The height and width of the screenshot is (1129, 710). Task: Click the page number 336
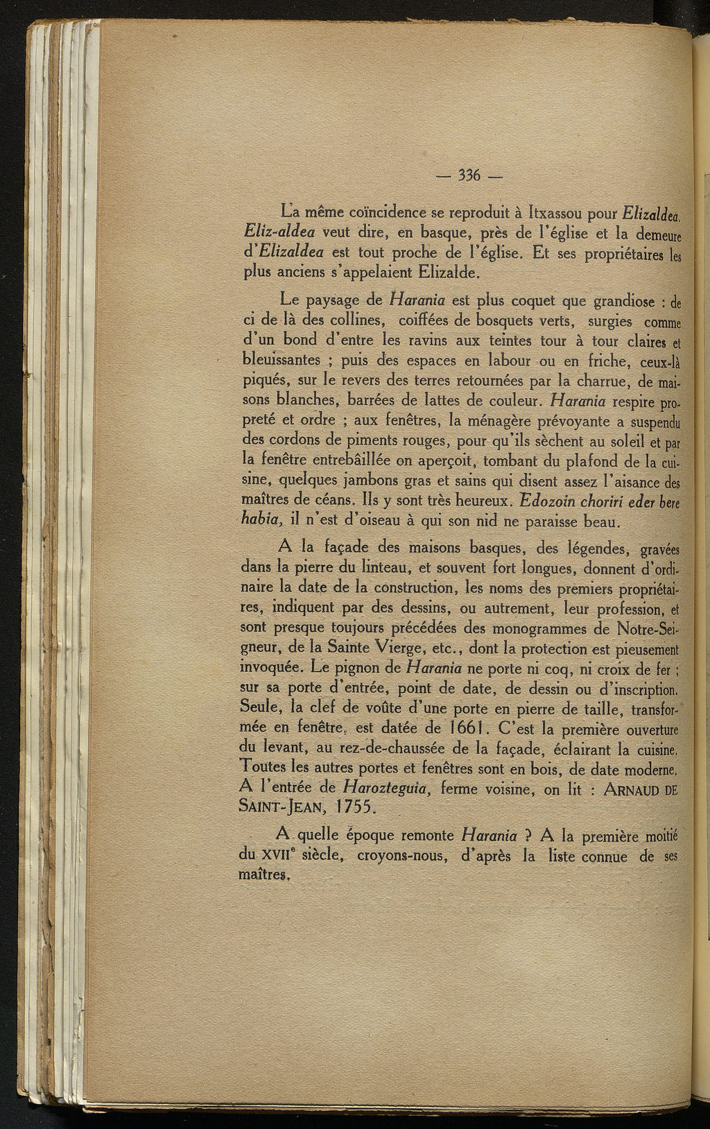pyautogui.click(x=470, y=175)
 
